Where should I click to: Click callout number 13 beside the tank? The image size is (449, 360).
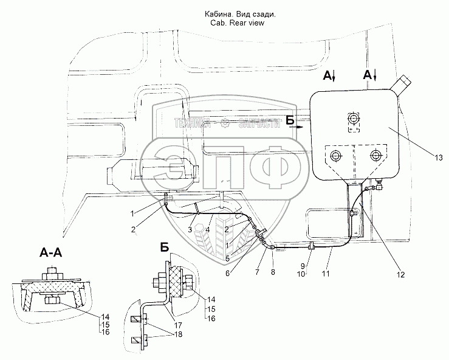tap(438, 158)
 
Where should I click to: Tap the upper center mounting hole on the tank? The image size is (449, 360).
tap(354, 117)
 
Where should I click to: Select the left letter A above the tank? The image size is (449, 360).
tap(326, 75)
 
